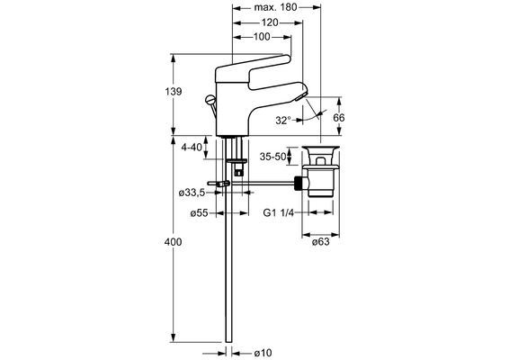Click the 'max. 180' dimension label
[275, 7]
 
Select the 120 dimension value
[270, 22]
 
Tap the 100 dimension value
[262, 37]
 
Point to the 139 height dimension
[174, 91]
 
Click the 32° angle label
[283, 121]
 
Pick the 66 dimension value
[339, 117]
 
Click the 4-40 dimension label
[192, 148]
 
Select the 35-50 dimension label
[272, 157]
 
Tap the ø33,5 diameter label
[192, 193]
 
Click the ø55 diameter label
[199, 213]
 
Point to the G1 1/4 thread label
[278, 212]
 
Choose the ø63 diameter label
[320, 242]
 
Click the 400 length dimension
[173, 242]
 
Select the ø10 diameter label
[263, 353]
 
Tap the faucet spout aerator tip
[300, 96]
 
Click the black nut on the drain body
[300, 184]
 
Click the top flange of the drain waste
[321, 148]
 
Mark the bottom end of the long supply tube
[228, 341]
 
